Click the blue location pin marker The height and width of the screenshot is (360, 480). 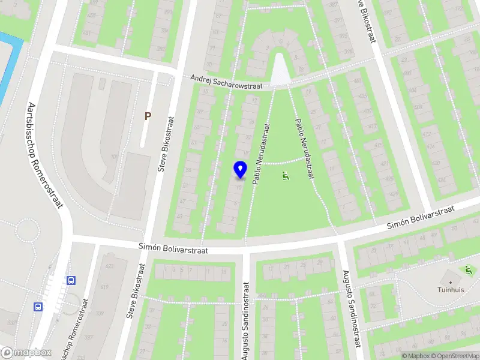(241, 170)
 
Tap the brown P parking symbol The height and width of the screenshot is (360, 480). (148, 115)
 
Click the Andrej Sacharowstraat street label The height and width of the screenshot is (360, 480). (227, 82)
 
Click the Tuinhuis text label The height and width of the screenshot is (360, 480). (451, 289)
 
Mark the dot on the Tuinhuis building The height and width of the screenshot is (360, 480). (451, 280)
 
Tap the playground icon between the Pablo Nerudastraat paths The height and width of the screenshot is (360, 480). (286, 176)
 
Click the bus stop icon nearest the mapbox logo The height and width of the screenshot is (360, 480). (38, 307)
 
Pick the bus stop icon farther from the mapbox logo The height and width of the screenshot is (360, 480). (71, 280)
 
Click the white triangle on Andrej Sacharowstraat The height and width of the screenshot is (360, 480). (280, 70)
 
